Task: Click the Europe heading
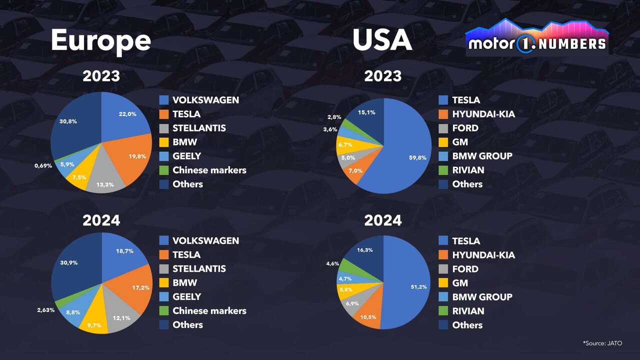coord(100,40)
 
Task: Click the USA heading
coord(382,40)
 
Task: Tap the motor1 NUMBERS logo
coord(536,39)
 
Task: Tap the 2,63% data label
coord(45,310)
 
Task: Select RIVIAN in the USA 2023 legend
coord(468,170)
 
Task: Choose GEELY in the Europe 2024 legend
coord(186,296)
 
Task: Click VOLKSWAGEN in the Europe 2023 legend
coord(205,99)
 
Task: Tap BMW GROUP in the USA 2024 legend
coord(482,296)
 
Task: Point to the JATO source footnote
coord(602,343)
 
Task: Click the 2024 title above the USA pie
coord(382,220)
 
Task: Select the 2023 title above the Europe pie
coord(101,76)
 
